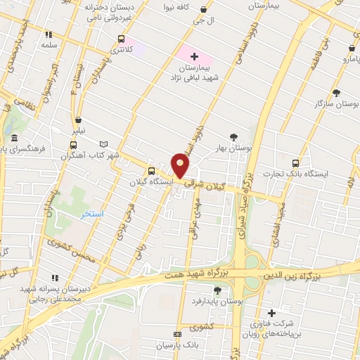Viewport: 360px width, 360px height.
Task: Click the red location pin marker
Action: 181,165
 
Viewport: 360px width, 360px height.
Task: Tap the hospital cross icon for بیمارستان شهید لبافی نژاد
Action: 195,56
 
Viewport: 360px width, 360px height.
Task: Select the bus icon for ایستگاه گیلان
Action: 151,171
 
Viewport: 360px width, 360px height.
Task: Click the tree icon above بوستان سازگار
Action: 336,93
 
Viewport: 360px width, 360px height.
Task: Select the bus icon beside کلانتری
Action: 122,39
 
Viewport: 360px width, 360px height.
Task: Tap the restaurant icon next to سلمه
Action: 49,34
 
